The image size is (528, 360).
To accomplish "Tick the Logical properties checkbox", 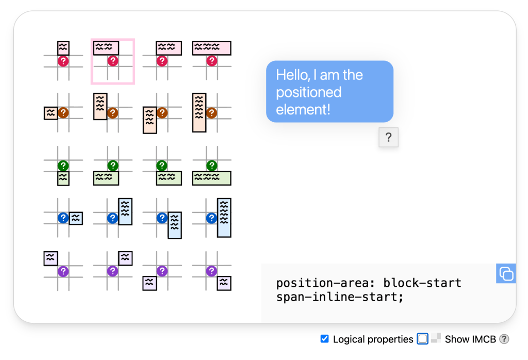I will (324, 339).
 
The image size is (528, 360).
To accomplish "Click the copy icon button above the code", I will (506, 273).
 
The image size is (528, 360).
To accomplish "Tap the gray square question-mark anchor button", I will (388, 138).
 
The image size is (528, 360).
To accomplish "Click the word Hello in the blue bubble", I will (291, 75).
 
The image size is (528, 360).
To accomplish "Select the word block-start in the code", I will (422, 283).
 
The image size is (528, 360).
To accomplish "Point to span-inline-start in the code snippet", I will (336, 298).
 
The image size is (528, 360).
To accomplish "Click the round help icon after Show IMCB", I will (504, 339).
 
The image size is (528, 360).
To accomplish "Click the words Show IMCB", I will (470, 339).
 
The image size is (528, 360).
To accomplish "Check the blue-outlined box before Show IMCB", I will (422, 339).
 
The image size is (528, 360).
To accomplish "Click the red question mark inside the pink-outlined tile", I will (113, 61).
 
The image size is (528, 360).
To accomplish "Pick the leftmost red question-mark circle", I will (63, 61).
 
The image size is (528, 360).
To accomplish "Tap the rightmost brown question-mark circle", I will (211, 112).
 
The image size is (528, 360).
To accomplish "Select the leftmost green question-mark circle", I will (63, 166).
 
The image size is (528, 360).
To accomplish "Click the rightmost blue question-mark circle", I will (211, 218).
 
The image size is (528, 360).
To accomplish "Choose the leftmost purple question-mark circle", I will (63, 271).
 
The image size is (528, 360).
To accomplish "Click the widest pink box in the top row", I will (211, 48).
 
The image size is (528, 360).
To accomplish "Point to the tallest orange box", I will (199, 112).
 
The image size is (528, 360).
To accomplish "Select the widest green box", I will (211, 178).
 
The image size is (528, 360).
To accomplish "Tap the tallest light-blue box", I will (224, 218).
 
